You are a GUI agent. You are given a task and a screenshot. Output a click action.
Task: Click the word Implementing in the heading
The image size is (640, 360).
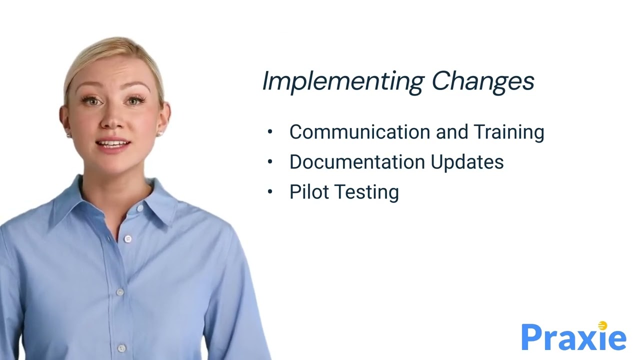click(343, 81)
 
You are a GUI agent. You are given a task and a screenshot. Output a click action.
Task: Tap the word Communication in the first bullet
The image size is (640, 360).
click(360, 132)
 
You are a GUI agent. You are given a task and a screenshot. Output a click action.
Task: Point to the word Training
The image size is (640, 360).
click(508, 132)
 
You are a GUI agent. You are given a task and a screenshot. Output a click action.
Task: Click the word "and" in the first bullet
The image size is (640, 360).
click(452, 132)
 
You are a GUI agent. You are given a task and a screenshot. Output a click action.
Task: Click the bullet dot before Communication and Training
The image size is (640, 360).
click(270, 132)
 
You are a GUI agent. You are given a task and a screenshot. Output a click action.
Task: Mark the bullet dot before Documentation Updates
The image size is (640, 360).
click(270, 162)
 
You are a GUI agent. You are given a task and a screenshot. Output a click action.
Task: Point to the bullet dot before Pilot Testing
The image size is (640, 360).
click(270, 192)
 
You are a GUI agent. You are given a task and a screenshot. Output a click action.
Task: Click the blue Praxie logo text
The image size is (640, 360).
click(573, 338)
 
